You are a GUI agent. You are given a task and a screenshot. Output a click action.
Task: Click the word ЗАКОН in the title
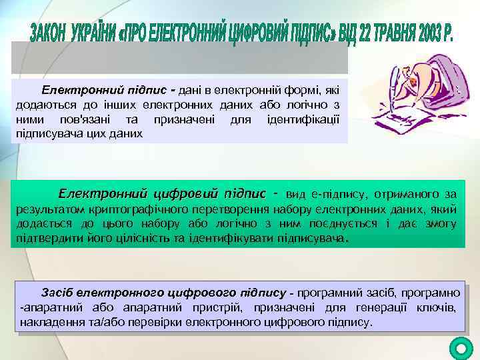pyautogui.click(x=53, y=31)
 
